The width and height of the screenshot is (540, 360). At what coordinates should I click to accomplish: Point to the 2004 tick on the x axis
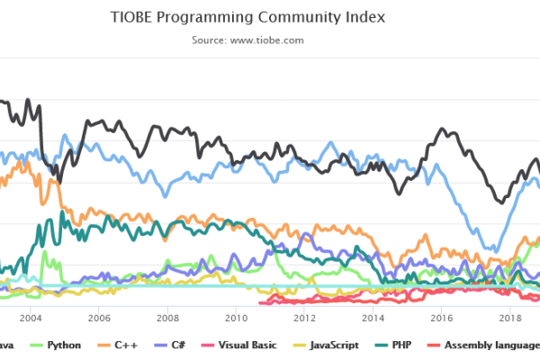[x=30, y=318]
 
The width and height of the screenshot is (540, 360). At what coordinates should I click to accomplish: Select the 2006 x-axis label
[x=98, y=318]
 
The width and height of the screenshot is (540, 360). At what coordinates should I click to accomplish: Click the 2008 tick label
[x=166, y=318]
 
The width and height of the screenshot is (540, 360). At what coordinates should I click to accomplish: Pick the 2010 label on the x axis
[x=236, y=318]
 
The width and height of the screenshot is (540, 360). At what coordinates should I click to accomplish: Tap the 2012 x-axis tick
[x=304, y=318]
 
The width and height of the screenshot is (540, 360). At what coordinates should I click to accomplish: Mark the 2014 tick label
[x=373, y=318]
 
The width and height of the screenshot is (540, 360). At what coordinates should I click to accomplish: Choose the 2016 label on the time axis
[x=441, y=318]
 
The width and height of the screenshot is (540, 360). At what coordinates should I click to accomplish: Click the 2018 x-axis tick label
[x=510, y=318]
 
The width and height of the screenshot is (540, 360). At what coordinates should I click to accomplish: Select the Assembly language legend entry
[x=486, y=345]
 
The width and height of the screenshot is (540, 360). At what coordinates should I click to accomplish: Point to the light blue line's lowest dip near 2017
[x=492, y=250]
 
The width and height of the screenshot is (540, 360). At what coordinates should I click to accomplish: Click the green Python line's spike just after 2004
[x=43, y=253]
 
